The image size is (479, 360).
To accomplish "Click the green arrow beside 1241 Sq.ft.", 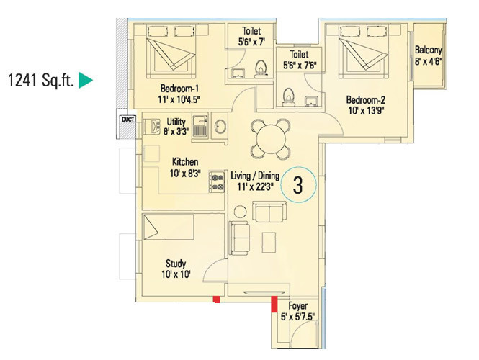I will (x=86, y=81).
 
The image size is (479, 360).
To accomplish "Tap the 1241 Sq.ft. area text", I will (x=40, y=81).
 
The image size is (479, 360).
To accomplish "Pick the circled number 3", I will (x=297, y=185).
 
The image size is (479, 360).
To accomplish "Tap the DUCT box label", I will (x=128, y=120).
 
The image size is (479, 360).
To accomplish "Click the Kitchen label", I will (x=184, y=162).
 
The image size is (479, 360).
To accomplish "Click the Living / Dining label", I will (x=253, y=175).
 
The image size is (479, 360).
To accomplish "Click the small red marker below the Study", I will (x=215, y=300).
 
